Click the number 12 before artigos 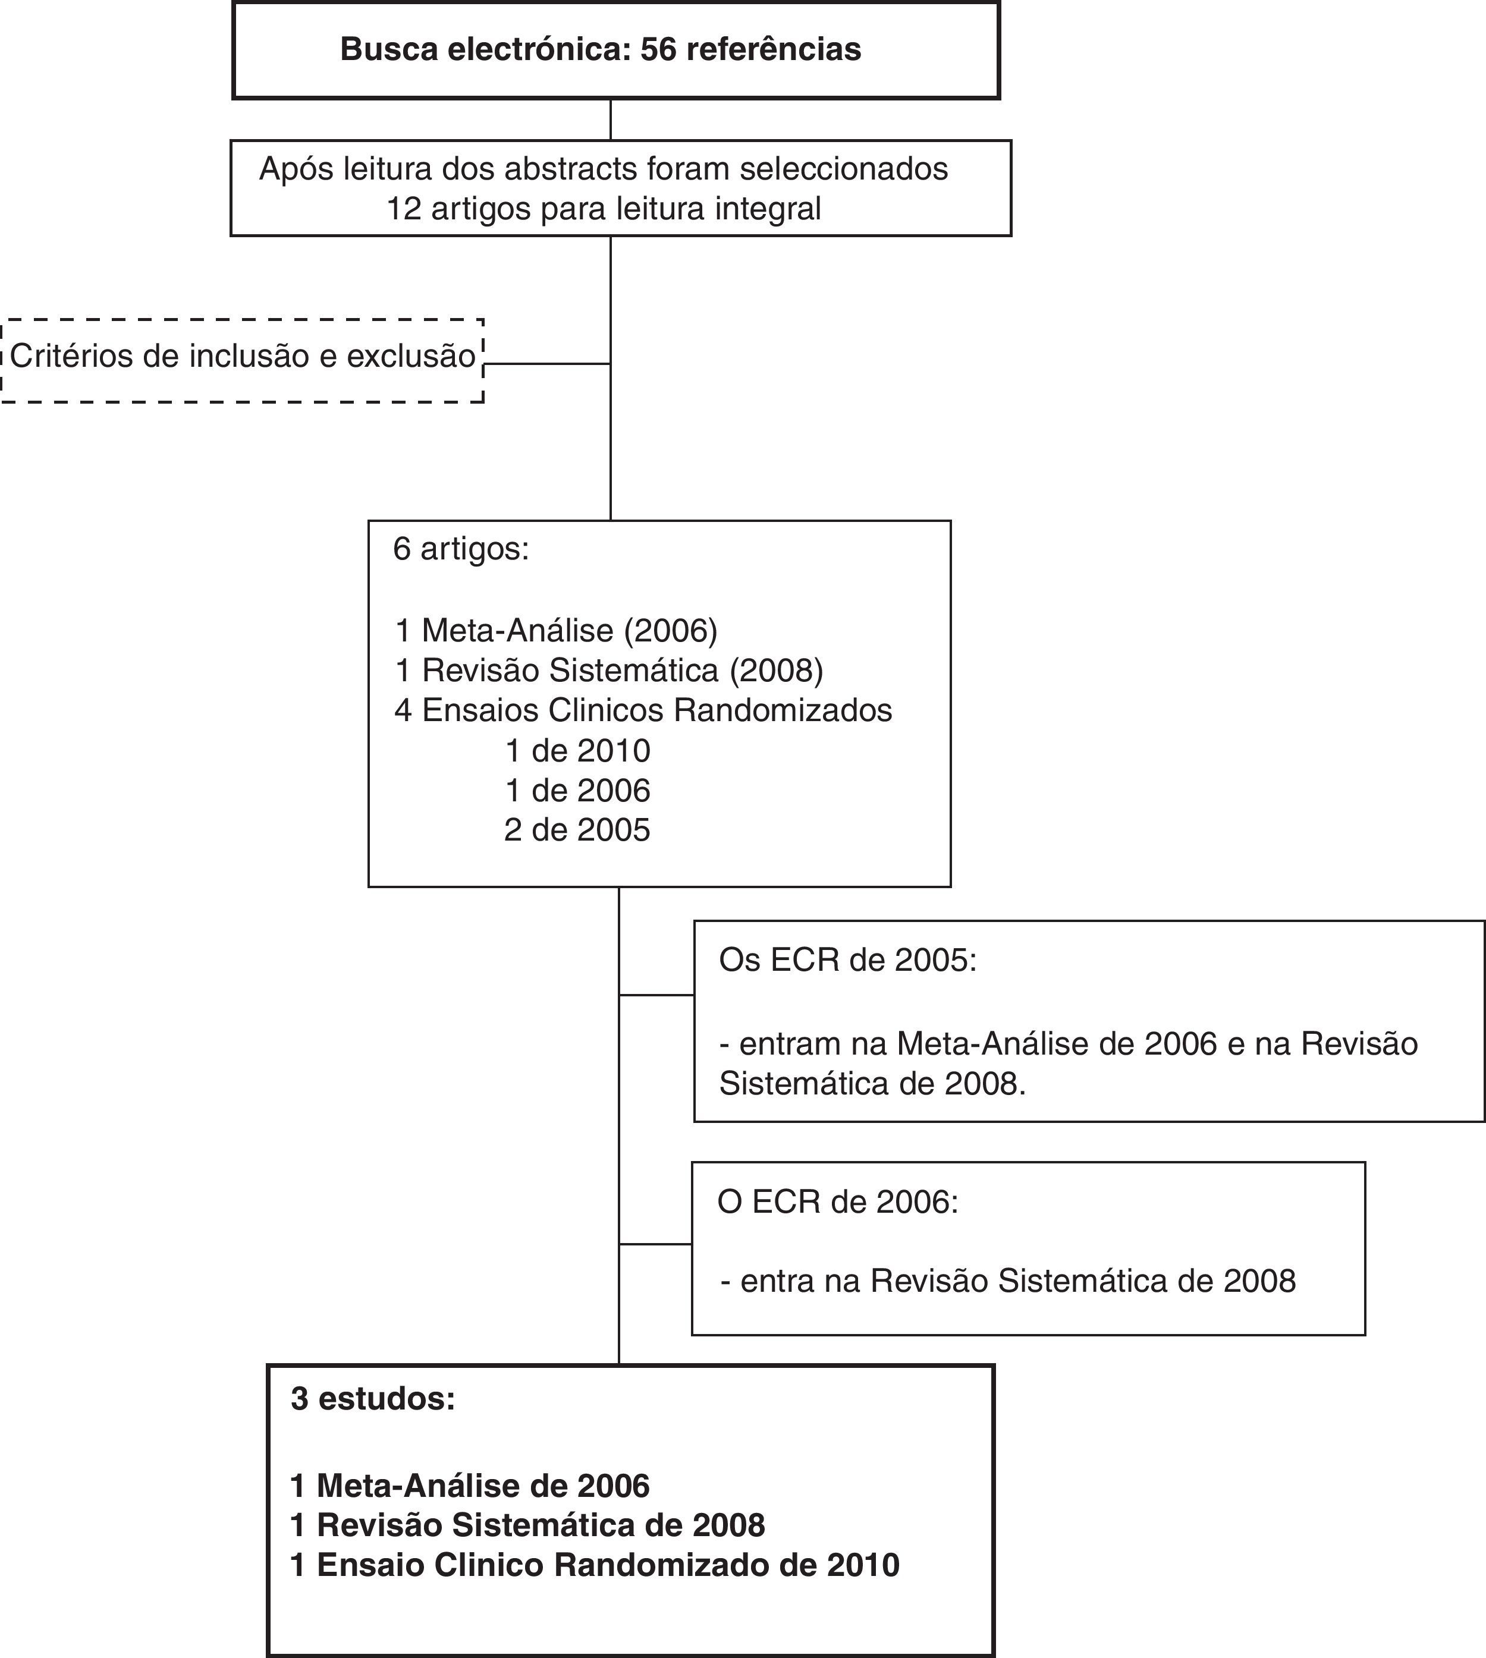403,209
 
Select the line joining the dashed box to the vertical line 547,363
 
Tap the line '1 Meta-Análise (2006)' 556,630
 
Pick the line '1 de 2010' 577,750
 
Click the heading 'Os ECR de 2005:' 847,961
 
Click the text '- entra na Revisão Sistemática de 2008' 1007,1281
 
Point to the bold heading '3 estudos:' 373,1399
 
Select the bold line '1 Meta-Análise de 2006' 470,1486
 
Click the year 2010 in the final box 862,1565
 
